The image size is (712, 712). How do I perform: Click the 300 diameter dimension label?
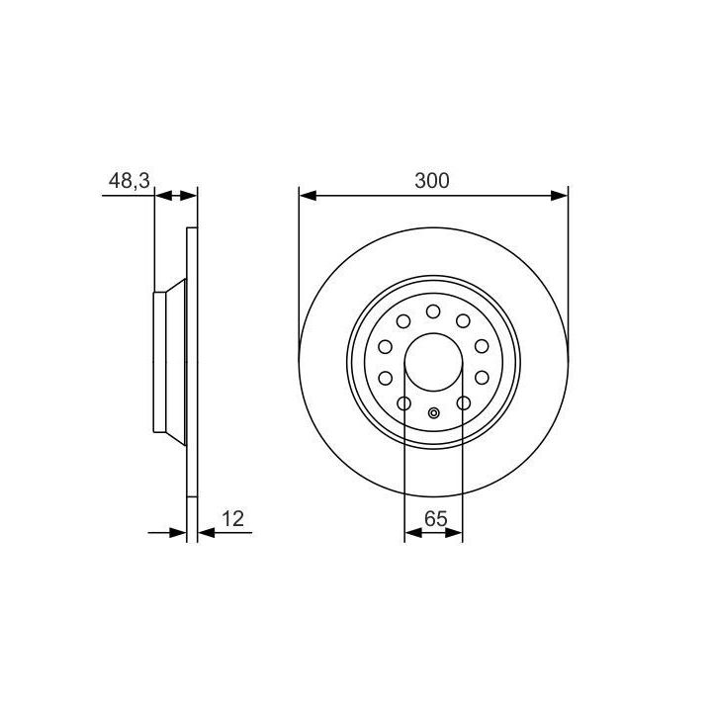tap(432, 180)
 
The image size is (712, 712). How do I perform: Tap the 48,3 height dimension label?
tap(129, 181)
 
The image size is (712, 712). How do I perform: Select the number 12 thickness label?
tap(232, 518)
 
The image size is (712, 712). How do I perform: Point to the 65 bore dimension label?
tap(435, 518)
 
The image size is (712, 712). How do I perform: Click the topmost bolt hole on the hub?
tap(433, 311)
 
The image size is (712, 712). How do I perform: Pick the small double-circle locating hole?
tap(434, 413)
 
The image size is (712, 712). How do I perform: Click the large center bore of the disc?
tap(434, 362)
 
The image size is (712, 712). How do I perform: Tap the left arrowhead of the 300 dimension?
tap(308, 196)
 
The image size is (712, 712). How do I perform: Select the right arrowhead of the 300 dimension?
tap(560, 196)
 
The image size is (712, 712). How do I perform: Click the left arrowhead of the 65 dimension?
tap(412, 533)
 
